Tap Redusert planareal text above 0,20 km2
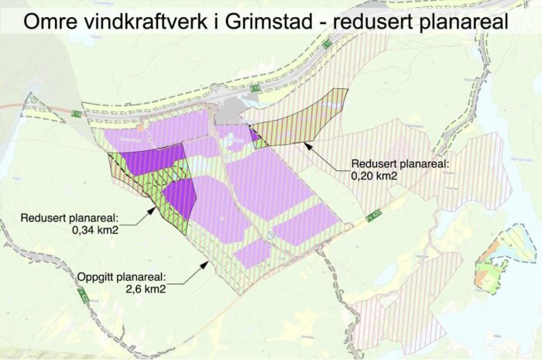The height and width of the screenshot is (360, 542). click(x=395, y=164)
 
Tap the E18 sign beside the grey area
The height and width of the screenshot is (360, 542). click(x=255, y=89)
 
